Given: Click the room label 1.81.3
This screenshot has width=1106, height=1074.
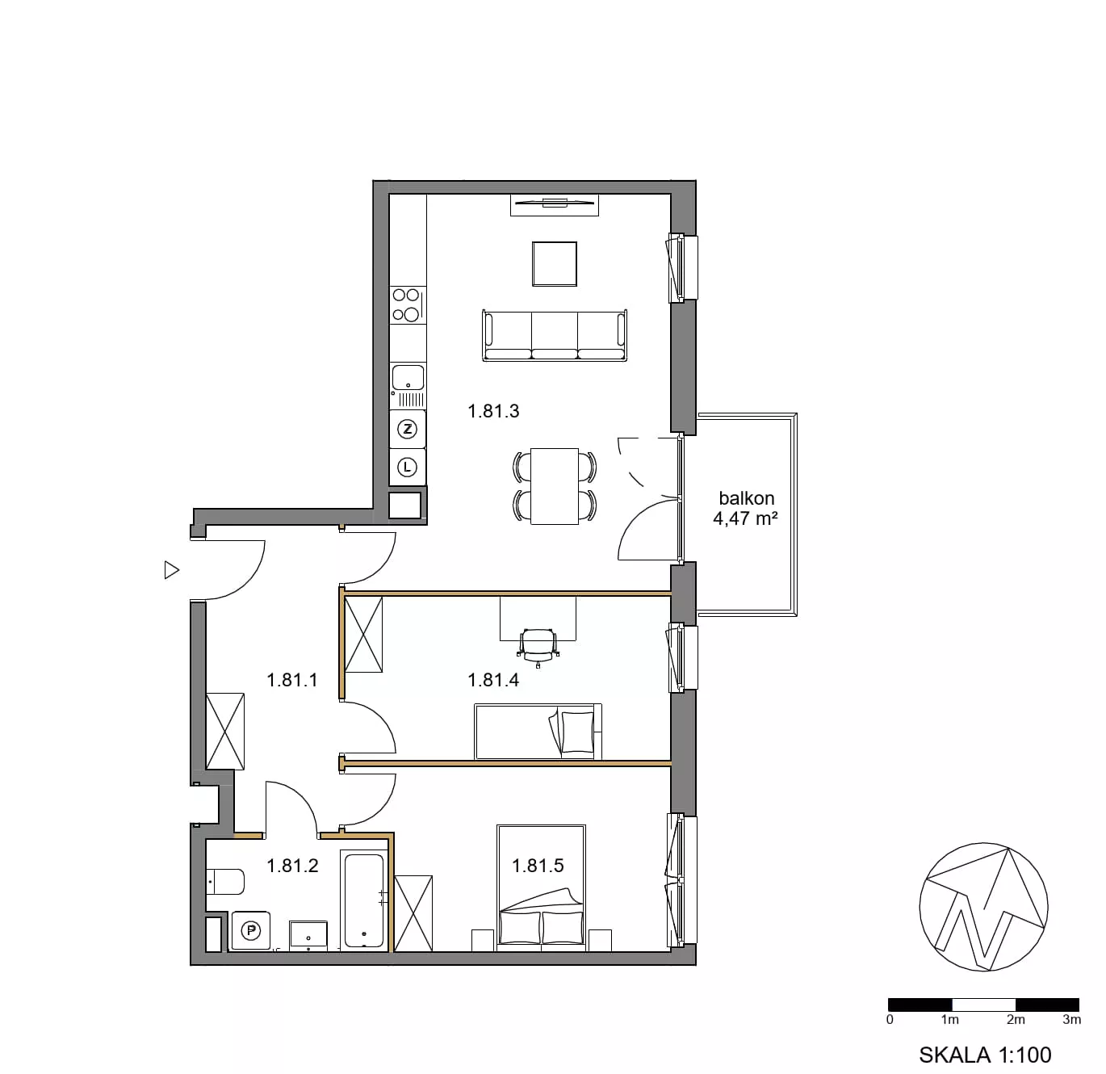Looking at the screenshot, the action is [493, 411].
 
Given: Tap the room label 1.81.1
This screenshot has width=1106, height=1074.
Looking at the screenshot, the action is [292, 680].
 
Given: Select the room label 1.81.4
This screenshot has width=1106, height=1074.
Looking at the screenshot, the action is [493, 680].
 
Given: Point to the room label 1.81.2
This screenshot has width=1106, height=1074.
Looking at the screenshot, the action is [293, 866].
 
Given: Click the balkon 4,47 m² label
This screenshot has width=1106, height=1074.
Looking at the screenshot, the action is [746, 508].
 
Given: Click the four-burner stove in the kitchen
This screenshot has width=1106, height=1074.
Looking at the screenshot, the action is [408, 304].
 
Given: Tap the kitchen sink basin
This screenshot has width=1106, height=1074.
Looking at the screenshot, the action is [408, 377].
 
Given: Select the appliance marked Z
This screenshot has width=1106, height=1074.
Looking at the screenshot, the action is [408, 429].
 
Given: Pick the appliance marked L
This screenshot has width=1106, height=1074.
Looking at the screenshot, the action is [408, 468].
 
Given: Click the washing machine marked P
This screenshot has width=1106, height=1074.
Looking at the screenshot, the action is [250, 931].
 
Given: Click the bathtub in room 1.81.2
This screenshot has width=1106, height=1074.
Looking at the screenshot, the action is [364, 900].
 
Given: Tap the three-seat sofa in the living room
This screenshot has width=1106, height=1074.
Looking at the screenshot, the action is [554, 335].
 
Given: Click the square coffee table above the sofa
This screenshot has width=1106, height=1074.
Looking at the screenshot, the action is [554, 264].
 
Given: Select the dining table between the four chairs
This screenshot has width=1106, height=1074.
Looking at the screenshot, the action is [554, 486].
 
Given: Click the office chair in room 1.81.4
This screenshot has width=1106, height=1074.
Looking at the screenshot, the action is [538, 647].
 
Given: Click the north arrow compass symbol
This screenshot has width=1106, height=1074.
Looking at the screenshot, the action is [983, 908].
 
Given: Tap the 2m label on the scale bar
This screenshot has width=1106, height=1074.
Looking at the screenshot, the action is [1016, 1019].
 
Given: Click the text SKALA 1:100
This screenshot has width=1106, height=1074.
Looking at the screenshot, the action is [985, 1055].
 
